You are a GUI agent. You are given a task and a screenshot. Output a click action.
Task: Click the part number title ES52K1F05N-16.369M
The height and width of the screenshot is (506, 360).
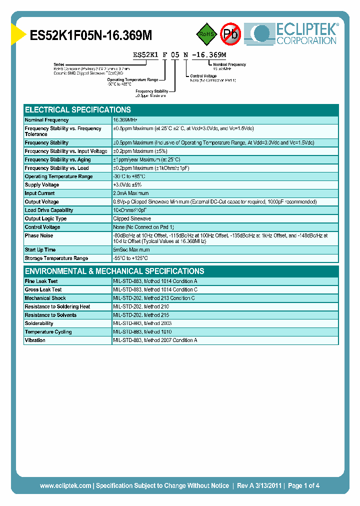tap(91, 35)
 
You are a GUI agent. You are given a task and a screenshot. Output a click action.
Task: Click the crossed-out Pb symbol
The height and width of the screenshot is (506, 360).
tap(230, 34)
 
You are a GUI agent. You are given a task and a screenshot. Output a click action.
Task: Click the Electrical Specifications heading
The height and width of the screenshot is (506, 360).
tap(78, 109)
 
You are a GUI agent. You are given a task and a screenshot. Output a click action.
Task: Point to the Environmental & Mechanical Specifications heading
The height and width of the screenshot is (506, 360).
tap(114, 271)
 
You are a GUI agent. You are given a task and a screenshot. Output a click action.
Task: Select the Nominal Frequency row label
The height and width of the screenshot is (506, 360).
tap(47, 120)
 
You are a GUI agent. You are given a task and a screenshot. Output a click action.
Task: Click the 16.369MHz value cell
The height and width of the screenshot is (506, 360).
tap(125, 120)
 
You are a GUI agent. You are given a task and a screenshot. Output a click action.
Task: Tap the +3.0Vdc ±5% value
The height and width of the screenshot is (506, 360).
tap(127, 185)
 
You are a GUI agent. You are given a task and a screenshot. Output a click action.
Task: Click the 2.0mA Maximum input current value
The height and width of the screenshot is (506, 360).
tap(131, 193)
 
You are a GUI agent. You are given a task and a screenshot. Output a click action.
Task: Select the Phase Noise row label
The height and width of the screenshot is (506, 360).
tap(39, 235)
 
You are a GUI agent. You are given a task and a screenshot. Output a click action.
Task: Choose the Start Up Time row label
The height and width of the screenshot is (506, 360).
tap(40, 250)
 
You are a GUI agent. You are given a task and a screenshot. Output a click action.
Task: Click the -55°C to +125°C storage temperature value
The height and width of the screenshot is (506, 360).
tap(130, 258)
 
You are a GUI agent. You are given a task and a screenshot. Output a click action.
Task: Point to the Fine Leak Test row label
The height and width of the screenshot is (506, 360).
tap(41, 281)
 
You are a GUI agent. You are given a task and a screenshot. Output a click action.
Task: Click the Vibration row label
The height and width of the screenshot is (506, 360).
tap(35, 340)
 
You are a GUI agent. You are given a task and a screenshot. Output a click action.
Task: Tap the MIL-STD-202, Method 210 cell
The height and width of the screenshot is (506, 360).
tap(141, 306)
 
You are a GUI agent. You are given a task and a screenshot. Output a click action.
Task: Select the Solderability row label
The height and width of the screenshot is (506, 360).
tap(39, 323)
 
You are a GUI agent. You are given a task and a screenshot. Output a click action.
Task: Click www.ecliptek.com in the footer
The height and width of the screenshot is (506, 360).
tap(65, 485)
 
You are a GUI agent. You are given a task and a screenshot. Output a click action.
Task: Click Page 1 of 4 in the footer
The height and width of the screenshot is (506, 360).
tap(303, 485)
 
